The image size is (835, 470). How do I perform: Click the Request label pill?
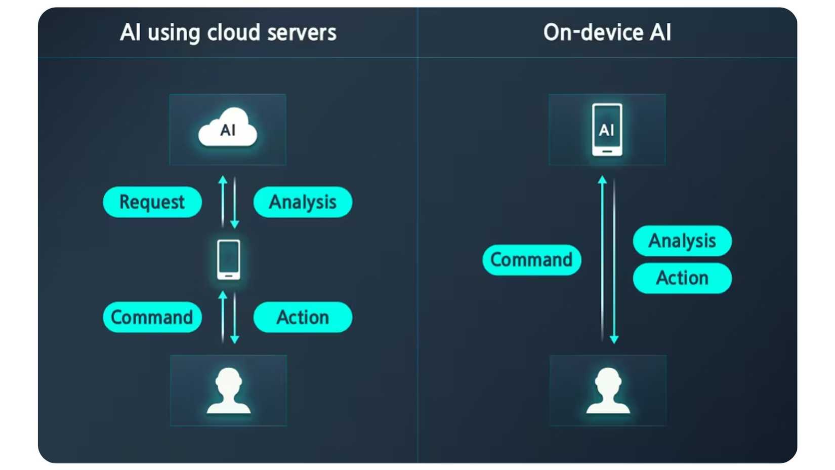click(x=152, y=202)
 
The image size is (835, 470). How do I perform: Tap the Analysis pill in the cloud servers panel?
click(x=303, y=202)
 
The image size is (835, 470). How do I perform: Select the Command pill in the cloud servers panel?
click(x=152, y=318)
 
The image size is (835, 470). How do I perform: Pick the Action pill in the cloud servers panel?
click(x=303, y=318)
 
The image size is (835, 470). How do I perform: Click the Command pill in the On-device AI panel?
click(x=531, y=260)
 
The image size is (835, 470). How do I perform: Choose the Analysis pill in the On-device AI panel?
click(x=682, y=241)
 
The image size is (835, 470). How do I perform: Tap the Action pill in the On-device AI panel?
click(x=682, y=278)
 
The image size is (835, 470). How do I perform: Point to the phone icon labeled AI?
click(x=607, y=130)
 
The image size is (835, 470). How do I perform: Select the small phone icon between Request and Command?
click(x=229, y=260)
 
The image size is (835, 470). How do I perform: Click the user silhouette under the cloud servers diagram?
click(x=229, y=390)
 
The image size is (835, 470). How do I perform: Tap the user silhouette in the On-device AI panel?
click(x=608, y=390)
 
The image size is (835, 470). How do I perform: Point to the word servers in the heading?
click(x=302, y=33)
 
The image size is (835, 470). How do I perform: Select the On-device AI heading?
click(x=607, y=33)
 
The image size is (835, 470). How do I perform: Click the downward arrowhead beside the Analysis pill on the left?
click(x=234, y=224)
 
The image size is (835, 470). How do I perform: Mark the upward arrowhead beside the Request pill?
click(x=223, y=179)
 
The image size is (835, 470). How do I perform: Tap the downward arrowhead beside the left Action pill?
click(x=234, y=339)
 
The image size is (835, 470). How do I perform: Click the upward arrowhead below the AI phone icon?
click(x=602, y=179)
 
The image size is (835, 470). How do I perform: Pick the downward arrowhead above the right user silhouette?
click(x=614, y=339)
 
